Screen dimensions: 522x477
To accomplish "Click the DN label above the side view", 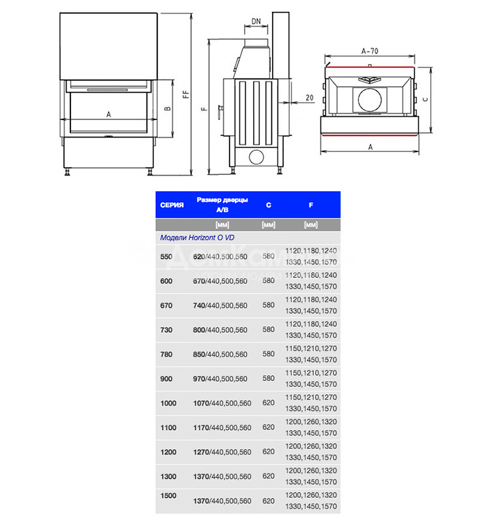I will point(256,22).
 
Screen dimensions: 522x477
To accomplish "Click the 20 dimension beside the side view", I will point(309,97).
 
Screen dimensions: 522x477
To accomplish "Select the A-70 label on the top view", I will point(369,50).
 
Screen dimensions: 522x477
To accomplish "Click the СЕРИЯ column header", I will point(172,205).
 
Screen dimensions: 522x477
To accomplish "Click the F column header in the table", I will point(311,205).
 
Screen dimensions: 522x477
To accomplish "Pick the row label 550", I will point(166,256).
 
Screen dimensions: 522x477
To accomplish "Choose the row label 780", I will point(166,354).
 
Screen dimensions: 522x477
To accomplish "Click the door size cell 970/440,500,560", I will point(220,379).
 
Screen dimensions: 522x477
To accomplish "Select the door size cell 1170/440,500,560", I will point(222,428).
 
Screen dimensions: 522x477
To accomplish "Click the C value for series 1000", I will point(268,403).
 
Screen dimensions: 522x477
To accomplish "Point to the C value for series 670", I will point(268,305).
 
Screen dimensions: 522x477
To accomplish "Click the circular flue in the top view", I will point(369,99).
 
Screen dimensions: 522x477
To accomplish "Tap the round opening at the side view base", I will point(256,157).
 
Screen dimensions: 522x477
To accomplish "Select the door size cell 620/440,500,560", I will point(220,256).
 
